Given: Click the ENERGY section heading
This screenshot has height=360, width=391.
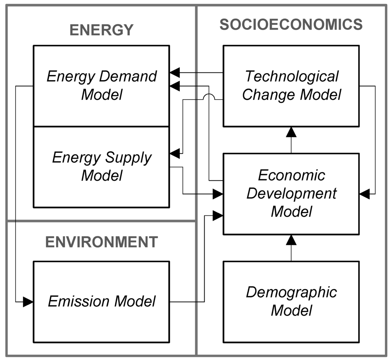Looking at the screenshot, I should coord(102,30).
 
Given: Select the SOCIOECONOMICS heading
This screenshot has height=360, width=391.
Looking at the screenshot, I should coord(291,24).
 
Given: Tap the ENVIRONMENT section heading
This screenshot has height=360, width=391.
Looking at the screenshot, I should coord(102,242).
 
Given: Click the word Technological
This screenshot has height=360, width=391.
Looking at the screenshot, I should coord(291,76).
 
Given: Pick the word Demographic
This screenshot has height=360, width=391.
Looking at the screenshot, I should coord(291,292).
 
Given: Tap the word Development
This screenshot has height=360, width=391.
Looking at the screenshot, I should coord(291,193).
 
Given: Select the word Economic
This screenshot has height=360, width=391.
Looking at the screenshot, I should coord(291,175).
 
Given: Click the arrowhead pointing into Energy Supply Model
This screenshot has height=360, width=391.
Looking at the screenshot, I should coord(174,154).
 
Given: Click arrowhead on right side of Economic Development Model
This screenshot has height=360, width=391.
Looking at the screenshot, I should coord(364,194).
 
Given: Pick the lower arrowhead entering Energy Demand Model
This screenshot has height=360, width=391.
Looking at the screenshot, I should coord(175,86).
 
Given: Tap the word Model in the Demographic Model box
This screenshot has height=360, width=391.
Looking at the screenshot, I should coord(291,310).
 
